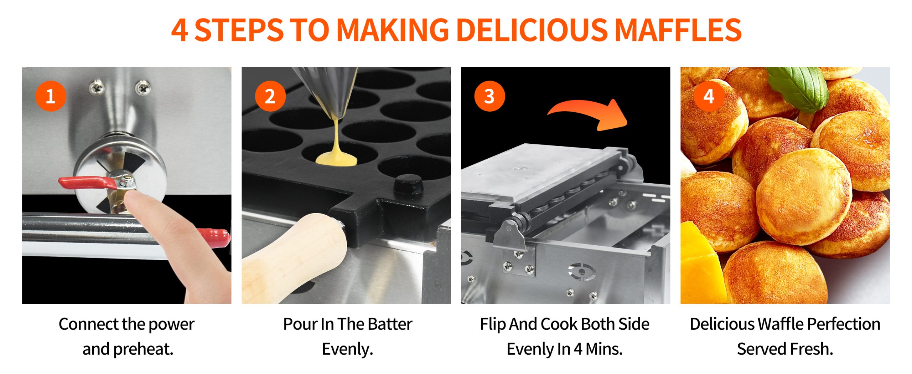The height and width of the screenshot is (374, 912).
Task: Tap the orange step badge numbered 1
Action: coord(51,96)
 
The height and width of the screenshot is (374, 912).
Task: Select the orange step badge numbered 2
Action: coord(270,96)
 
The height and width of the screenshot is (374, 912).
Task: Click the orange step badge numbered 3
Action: coord(489,96)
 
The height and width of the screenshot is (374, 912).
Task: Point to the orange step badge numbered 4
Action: coord(709,96)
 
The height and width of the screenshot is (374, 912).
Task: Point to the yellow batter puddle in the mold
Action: coord(336,159)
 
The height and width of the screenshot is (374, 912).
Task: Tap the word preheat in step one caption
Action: coord(143,349)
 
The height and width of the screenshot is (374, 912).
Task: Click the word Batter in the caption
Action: coord(390,324)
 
